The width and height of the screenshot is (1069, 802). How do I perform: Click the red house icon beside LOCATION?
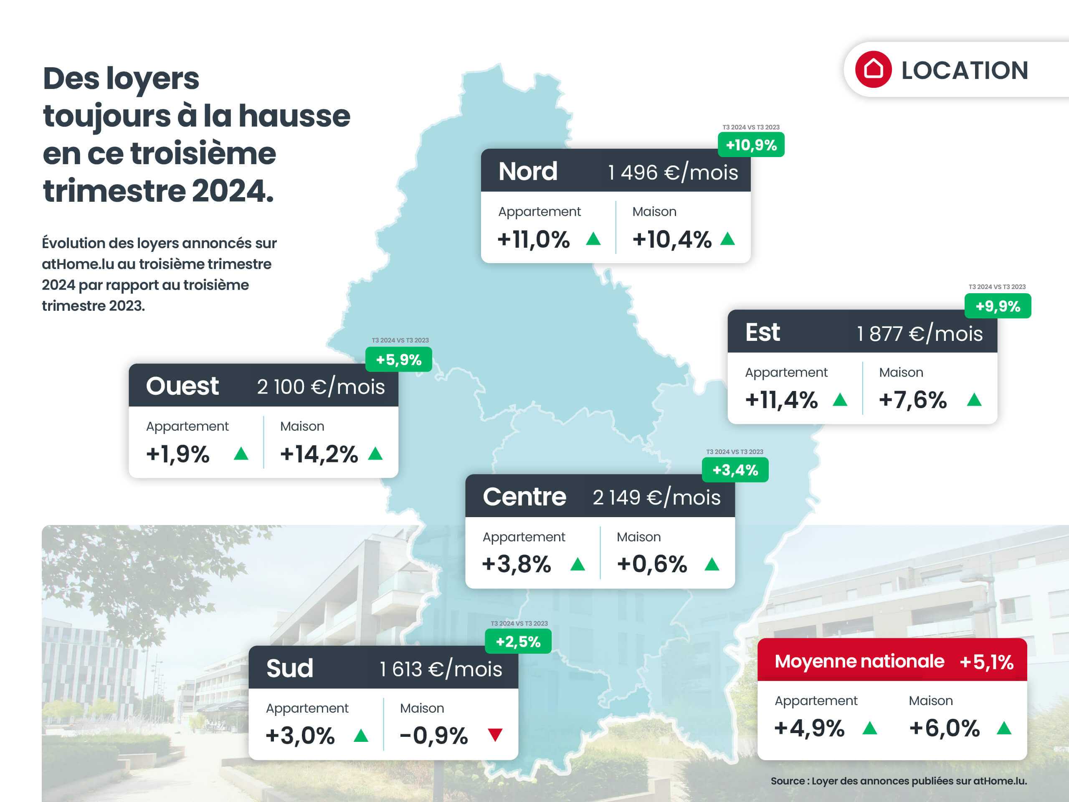click(x=873, y=69)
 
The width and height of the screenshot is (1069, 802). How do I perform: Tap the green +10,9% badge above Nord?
click(x=751, y=145)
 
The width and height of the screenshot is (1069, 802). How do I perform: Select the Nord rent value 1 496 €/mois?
click(x=673, y=173)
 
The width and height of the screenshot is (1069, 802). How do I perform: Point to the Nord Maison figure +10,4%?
click(x=672, y=239)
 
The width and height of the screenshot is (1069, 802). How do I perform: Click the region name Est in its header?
click(x=762, y=332)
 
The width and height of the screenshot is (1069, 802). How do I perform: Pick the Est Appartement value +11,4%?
click(x=781, y=400)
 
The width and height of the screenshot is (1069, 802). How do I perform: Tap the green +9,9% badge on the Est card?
click(x=998, y=306)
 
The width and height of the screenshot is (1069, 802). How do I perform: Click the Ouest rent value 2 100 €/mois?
click(x=321, y=387)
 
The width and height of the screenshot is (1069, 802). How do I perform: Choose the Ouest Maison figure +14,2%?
click(x=319, y=454)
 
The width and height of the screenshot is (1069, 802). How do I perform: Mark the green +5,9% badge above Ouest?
click(x=399, y=360)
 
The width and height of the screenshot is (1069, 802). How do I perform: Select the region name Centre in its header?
click(x=524, y=497)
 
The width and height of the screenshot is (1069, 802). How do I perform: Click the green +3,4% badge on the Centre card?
click(x=735, y=470)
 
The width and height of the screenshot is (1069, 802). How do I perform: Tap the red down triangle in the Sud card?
click(x=495, y=735)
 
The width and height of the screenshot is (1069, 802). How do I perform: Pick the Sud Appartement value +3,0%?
click(x=300, y=736)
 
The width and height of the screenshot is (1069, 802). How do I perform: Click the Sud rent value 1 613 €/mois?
click(x=441, y=670)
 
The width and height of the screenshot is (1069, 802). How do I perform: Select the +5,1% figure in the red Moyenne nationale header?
click(x=986, y=662)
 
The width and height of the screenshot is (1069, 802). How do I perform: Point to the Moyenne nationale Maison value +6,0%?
click(x=944, y=728)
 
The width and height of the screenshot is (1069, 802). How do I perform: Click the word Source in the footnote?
click(x=787, y=781)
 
